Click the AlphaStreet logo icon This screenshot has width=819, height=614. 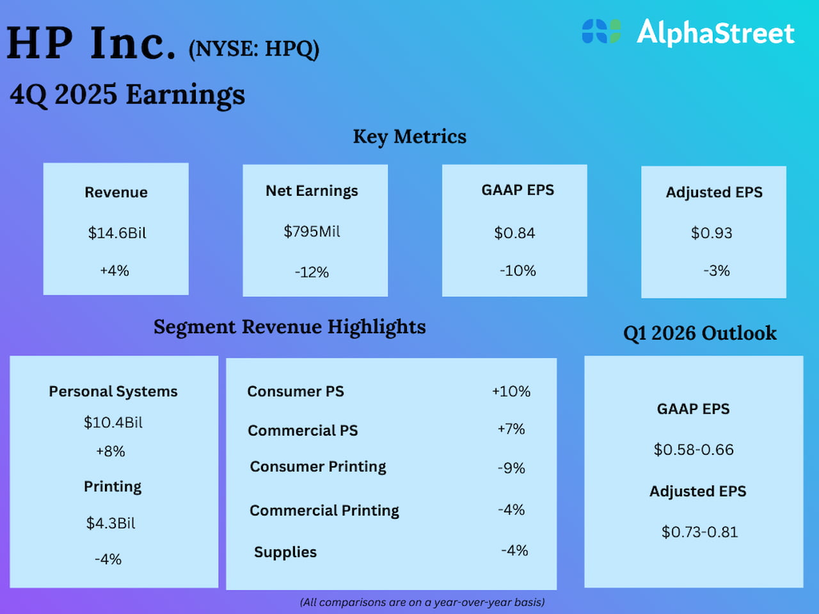pyautogui.click(x=601, y=31)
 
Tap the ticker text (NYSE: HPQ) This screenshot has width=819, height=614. pyautogui.click(x=253, y=49)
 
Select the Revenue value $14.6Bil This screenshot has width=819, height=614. pyautogui.click(x=117, y=233)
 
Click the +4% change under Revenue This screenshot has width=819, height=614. pyautogui.click(x=115, y=271)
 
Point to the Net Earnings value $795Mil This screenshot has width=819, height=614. pyautogui.click(x=312, y=232)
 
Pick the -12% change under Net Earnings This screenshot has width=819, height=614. pyautogui.click(x=312, y=272)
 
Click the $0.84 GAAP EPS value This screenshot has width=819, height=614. pyautogui.click(x=514, y=233)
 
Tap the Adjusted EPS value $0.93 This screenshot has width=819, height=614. pyautogui.click(x=712, y=233)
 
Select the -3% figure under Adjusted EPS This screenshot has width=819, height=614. pyautogui.click(x=716, y=271)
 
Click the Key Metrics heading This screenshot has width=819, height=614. pyautogui.click(x=409, y=136)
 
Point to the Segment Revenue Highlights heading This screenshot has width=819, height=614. pyautogui.click(x=289, y=327)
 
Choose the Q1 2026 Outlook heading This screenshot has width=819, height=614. pyautogui.click(x=700, y=333)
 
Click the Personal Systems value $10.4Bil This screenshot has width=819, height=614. pyautogui.click(x=113, y=422)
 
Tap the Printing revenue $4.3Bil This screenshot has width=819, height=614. pyautogui.click(x=111, y=523)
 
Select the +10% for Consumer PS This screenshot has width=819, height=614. pyautogui.click(x=511, y=391)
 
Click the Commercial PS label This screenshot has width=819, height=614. pyautogui.click(x=303, y=430)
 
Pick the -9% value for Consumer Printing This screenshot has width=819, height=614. pyautogui.click(x=511, y=468)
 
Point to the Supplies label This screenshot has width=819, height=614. pyautogui.click(x=285, y=552)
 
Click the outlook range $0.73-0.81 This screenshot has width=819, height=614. pyautogui.click(x=699, y=532)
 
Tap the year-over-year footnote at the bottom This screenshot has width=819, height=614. pyautogui.click(x=422, y=602)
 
